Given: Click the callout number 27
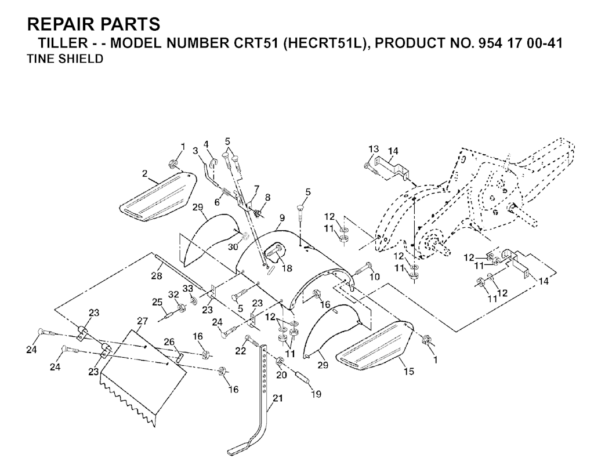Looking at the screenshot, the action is click(143, 322).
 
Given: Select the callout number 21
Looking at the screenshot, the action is click(278, 398).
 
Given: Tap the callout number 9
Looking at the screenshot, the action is click(282, 218).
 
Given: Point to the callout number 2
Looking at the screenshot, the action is click(144, 174).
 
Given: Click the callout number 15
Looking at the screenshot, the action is click(409, 372).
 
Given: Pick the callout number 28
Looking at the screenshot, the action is click(157, 276).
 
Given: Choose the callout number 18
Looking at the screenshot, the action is click(287, 268).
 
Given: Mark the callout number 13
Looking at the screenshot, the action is click(374, 149).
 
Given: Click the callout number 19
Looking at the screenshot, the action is click(316, 394).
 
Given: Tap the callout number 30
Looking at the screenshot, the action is click(233, 246).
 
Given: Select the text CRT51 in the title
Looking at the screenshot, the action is click(253, 43).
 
